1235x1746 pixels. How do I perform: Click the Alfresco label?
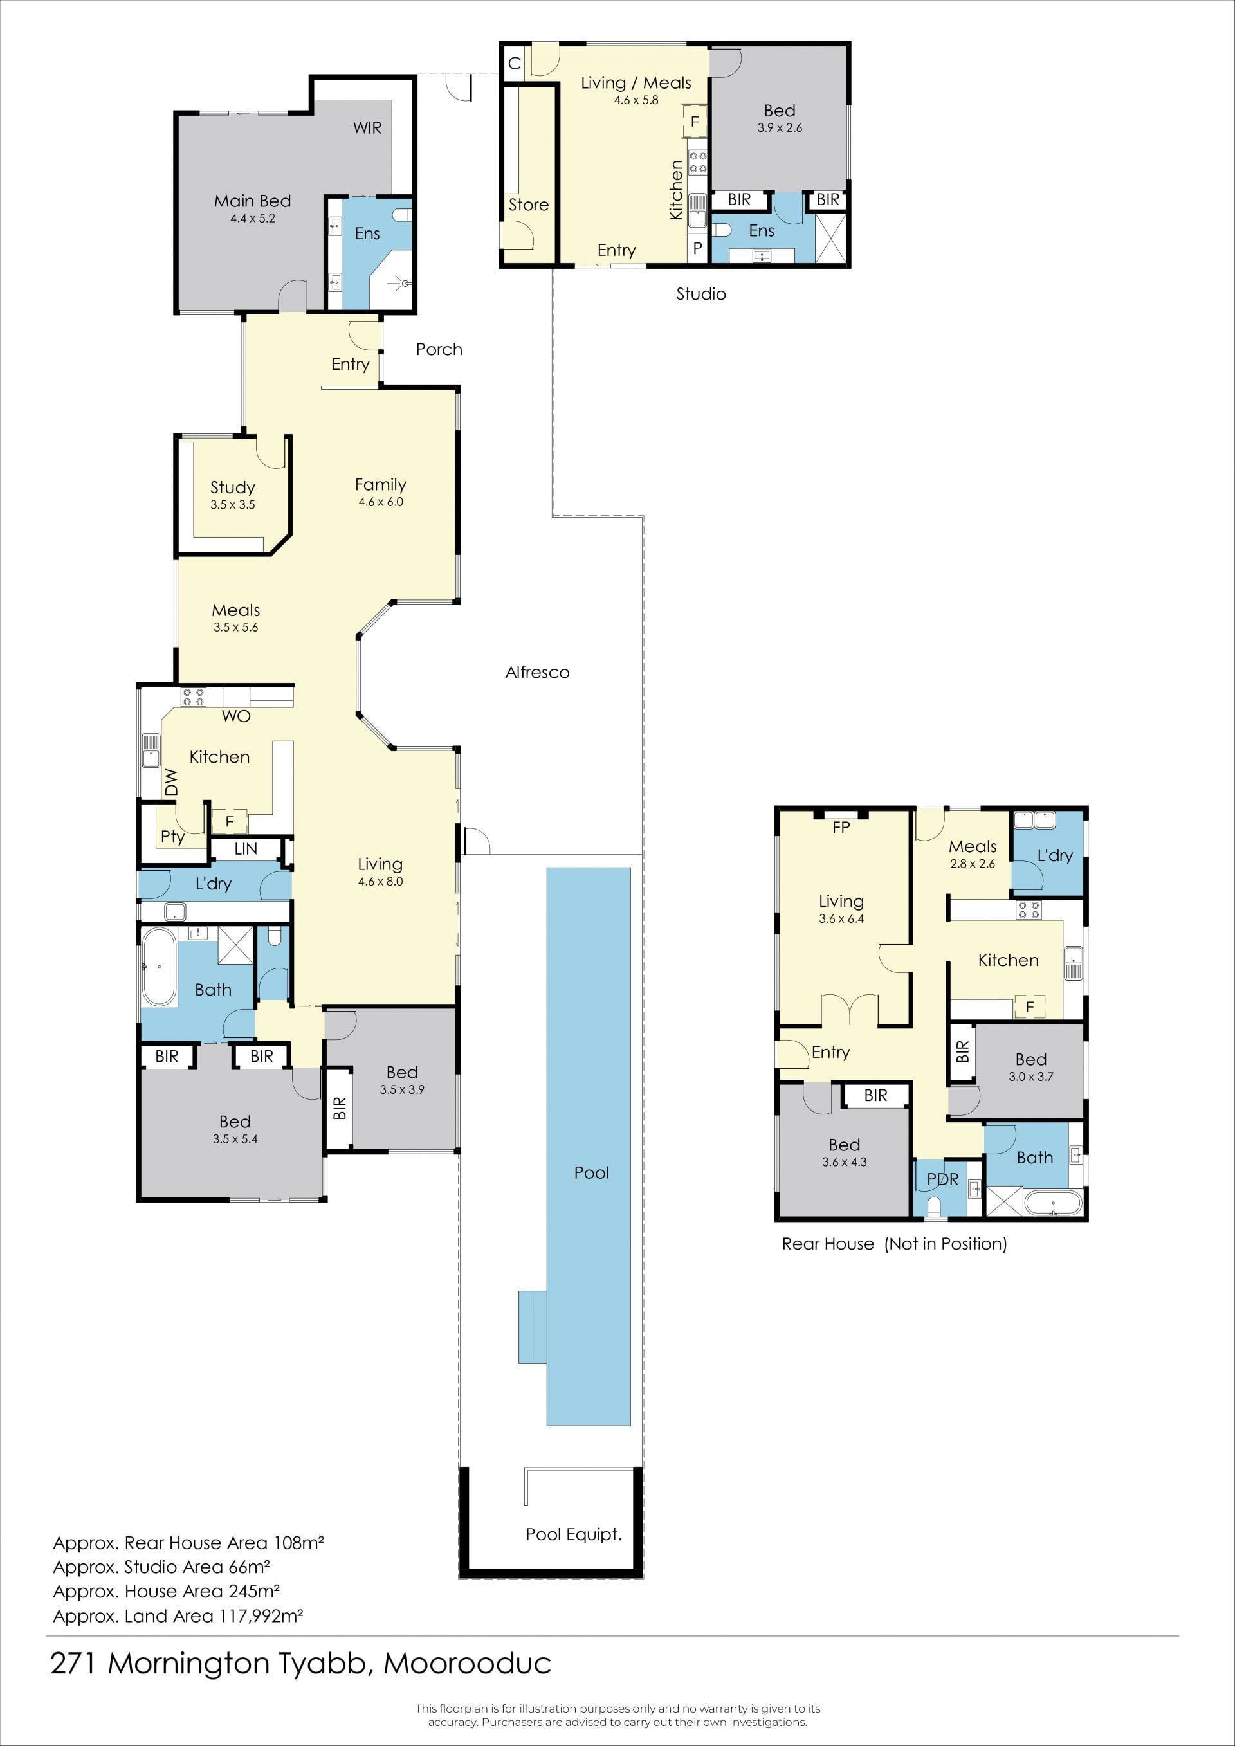[537, 672]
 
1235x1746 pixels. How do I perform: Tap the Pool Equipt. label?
[573, 1534]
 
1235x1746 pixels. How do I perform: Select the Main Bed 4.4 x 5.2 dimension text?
[253, 218]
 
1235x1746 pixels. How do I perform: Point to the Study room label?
[232, 487]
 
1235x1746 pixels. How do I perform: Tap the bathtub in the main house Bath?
[158, 967]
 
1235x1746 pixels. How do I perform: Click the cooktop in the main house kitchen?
[193, 696]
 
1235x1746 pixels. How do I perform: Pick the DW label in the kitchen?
[171, 783]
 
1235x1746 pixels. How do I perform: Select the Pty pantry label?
[172, 837]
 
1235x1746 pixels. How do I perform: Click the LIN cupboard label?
[246, 849]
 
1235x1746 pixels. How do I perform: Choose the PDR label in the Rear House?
[942, 1179]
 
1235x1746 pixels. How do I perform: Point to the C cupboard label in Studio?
[514, 63]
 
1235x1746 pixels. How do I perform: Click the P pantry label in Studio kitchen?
[697, 248]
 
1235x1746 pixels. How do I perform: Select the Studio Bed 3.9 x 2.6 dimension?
[780, 128]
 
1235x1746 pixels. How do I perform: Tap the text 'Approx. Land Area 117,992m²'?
[178, 1616]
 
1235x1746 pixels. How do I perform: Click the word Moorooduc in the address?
[467, 1664]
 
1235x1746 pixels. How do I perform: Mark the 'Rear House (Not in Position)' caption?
[894, 1243]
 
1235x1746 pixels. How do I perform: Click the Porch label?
[439, 349]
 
